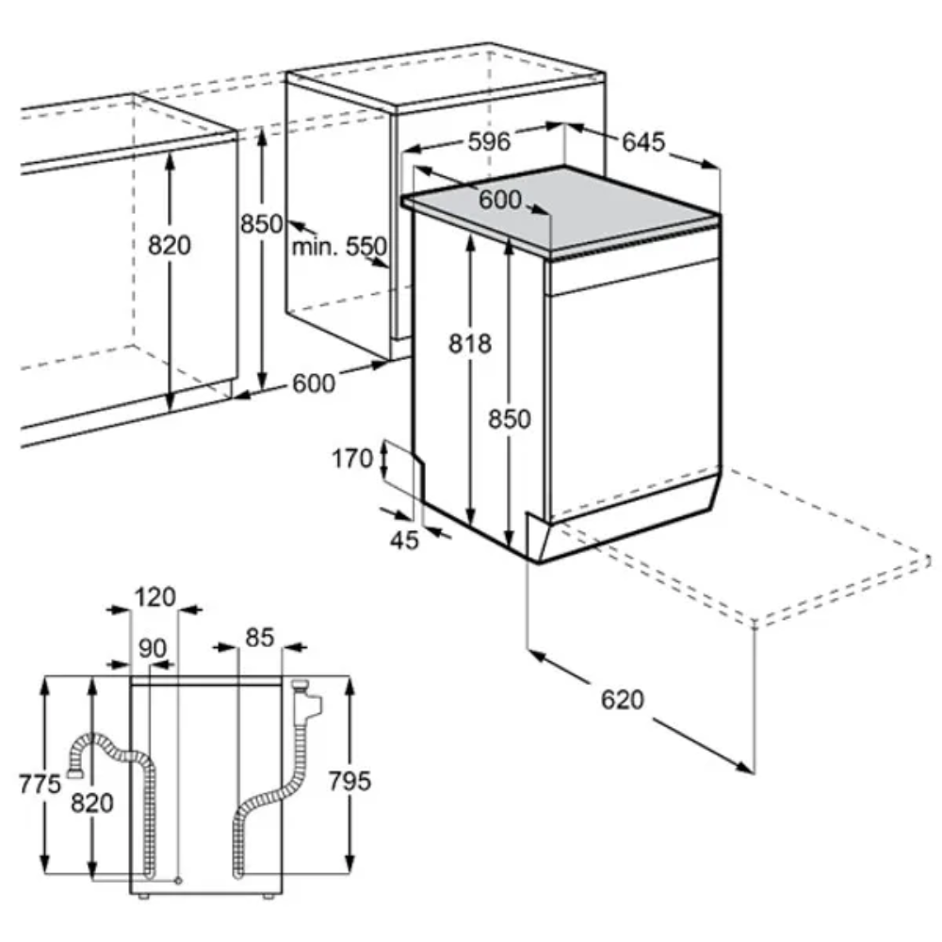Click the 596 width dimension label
coord(489,142)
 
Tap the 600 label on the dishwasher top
coord(499,200)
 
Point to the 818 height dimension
coord(470,344)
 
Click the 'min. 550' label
coord(338,247)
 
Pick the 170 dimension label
coord(354,461)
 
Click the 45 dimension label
coord(404,539)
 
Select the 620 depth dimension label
coord(622,699)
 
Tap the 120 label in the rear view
coord(154,596)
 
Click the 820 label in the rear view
coord(91,804)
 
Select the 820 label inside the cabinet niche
coord(170,246)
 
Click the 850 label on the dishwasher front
coord(510,419)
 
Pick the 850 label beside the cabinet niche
coord(261,224)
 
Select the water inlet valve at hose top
coord(307,699)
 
